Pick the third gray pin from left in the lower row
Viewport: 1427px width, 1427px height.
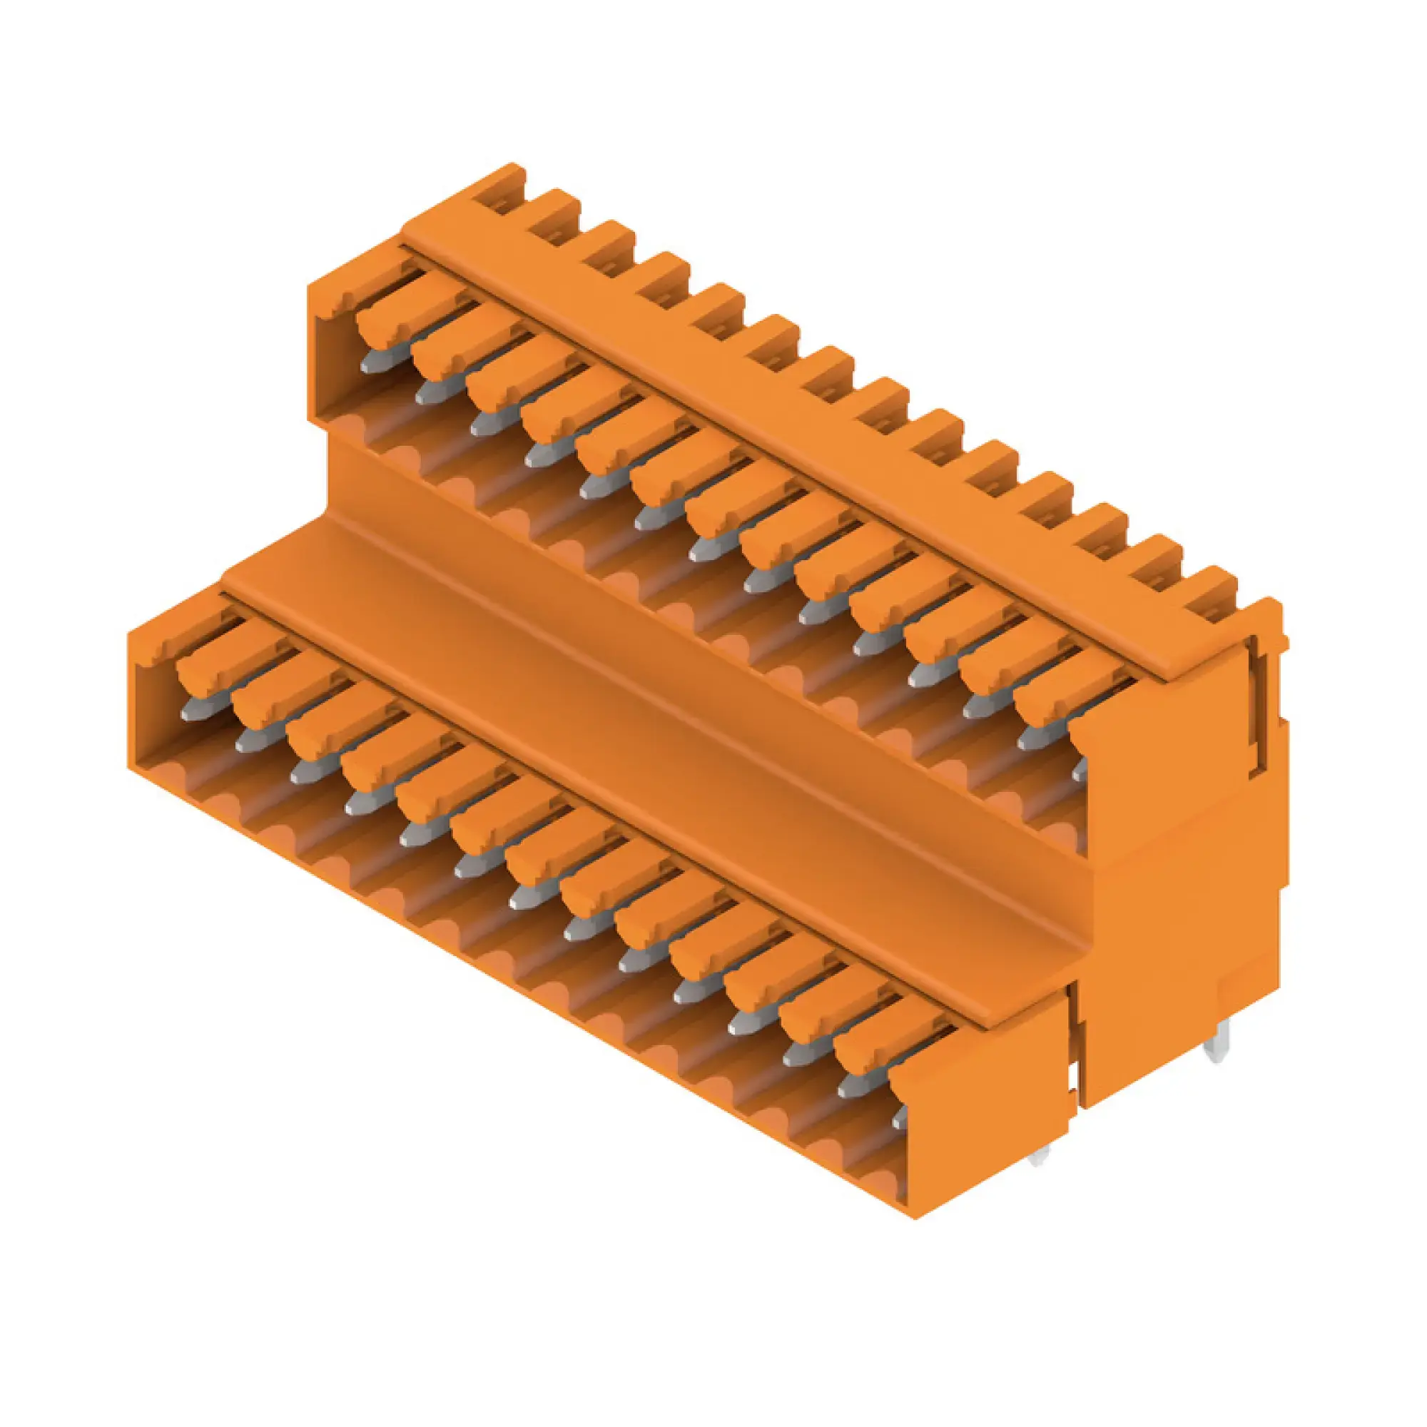303,771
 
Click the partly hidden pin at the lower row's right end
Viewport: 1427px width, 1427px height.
900,1119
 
